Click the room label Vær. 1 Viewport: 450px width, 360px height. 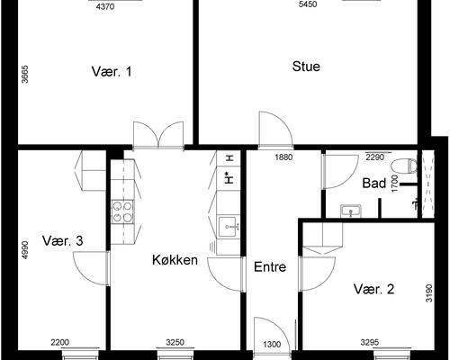tap(112, 72)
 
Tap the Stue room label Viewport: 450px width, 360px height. tap(306, 67)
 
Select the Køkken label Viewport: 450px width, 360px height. tap(175, 260)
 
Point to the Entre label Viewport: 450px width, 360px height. tap(270, 266)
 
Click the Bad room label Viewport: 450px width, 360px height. tap(374, 183)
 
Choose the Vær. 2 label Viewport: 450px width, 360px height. tap(373, 289)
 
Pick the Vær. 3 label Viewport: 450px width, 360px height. tap(63, 240)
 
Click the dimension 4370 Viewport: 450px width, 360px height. tap(105, 6)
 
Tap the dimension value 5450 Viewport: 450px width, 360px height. tap(308, 4)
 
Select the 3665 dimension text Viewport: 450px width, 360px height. tap(25, 74)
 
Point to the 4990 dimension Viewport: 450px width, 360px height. tap(25, 250)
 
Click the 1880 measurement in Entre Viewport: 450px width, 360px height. tap(283, 157)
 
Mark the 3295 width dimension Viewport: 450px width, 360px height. tap(370, 342)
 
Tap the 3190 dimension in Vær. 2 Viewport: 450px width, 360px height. tap(429, 293)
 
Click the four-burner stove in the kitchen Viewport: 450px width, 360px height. tap(122, 211)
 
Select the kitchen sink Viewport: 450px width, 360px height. tap(229, 227)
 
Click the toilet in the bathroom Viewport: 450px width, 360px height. tap(404, 166)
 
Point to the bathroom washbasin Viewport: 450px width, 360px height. tap(351, 211)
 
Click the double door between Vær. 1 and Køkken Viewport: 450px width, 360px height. tap(158, 135)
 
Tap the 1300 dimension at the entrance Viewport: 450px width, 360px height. tap(272, 344)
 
